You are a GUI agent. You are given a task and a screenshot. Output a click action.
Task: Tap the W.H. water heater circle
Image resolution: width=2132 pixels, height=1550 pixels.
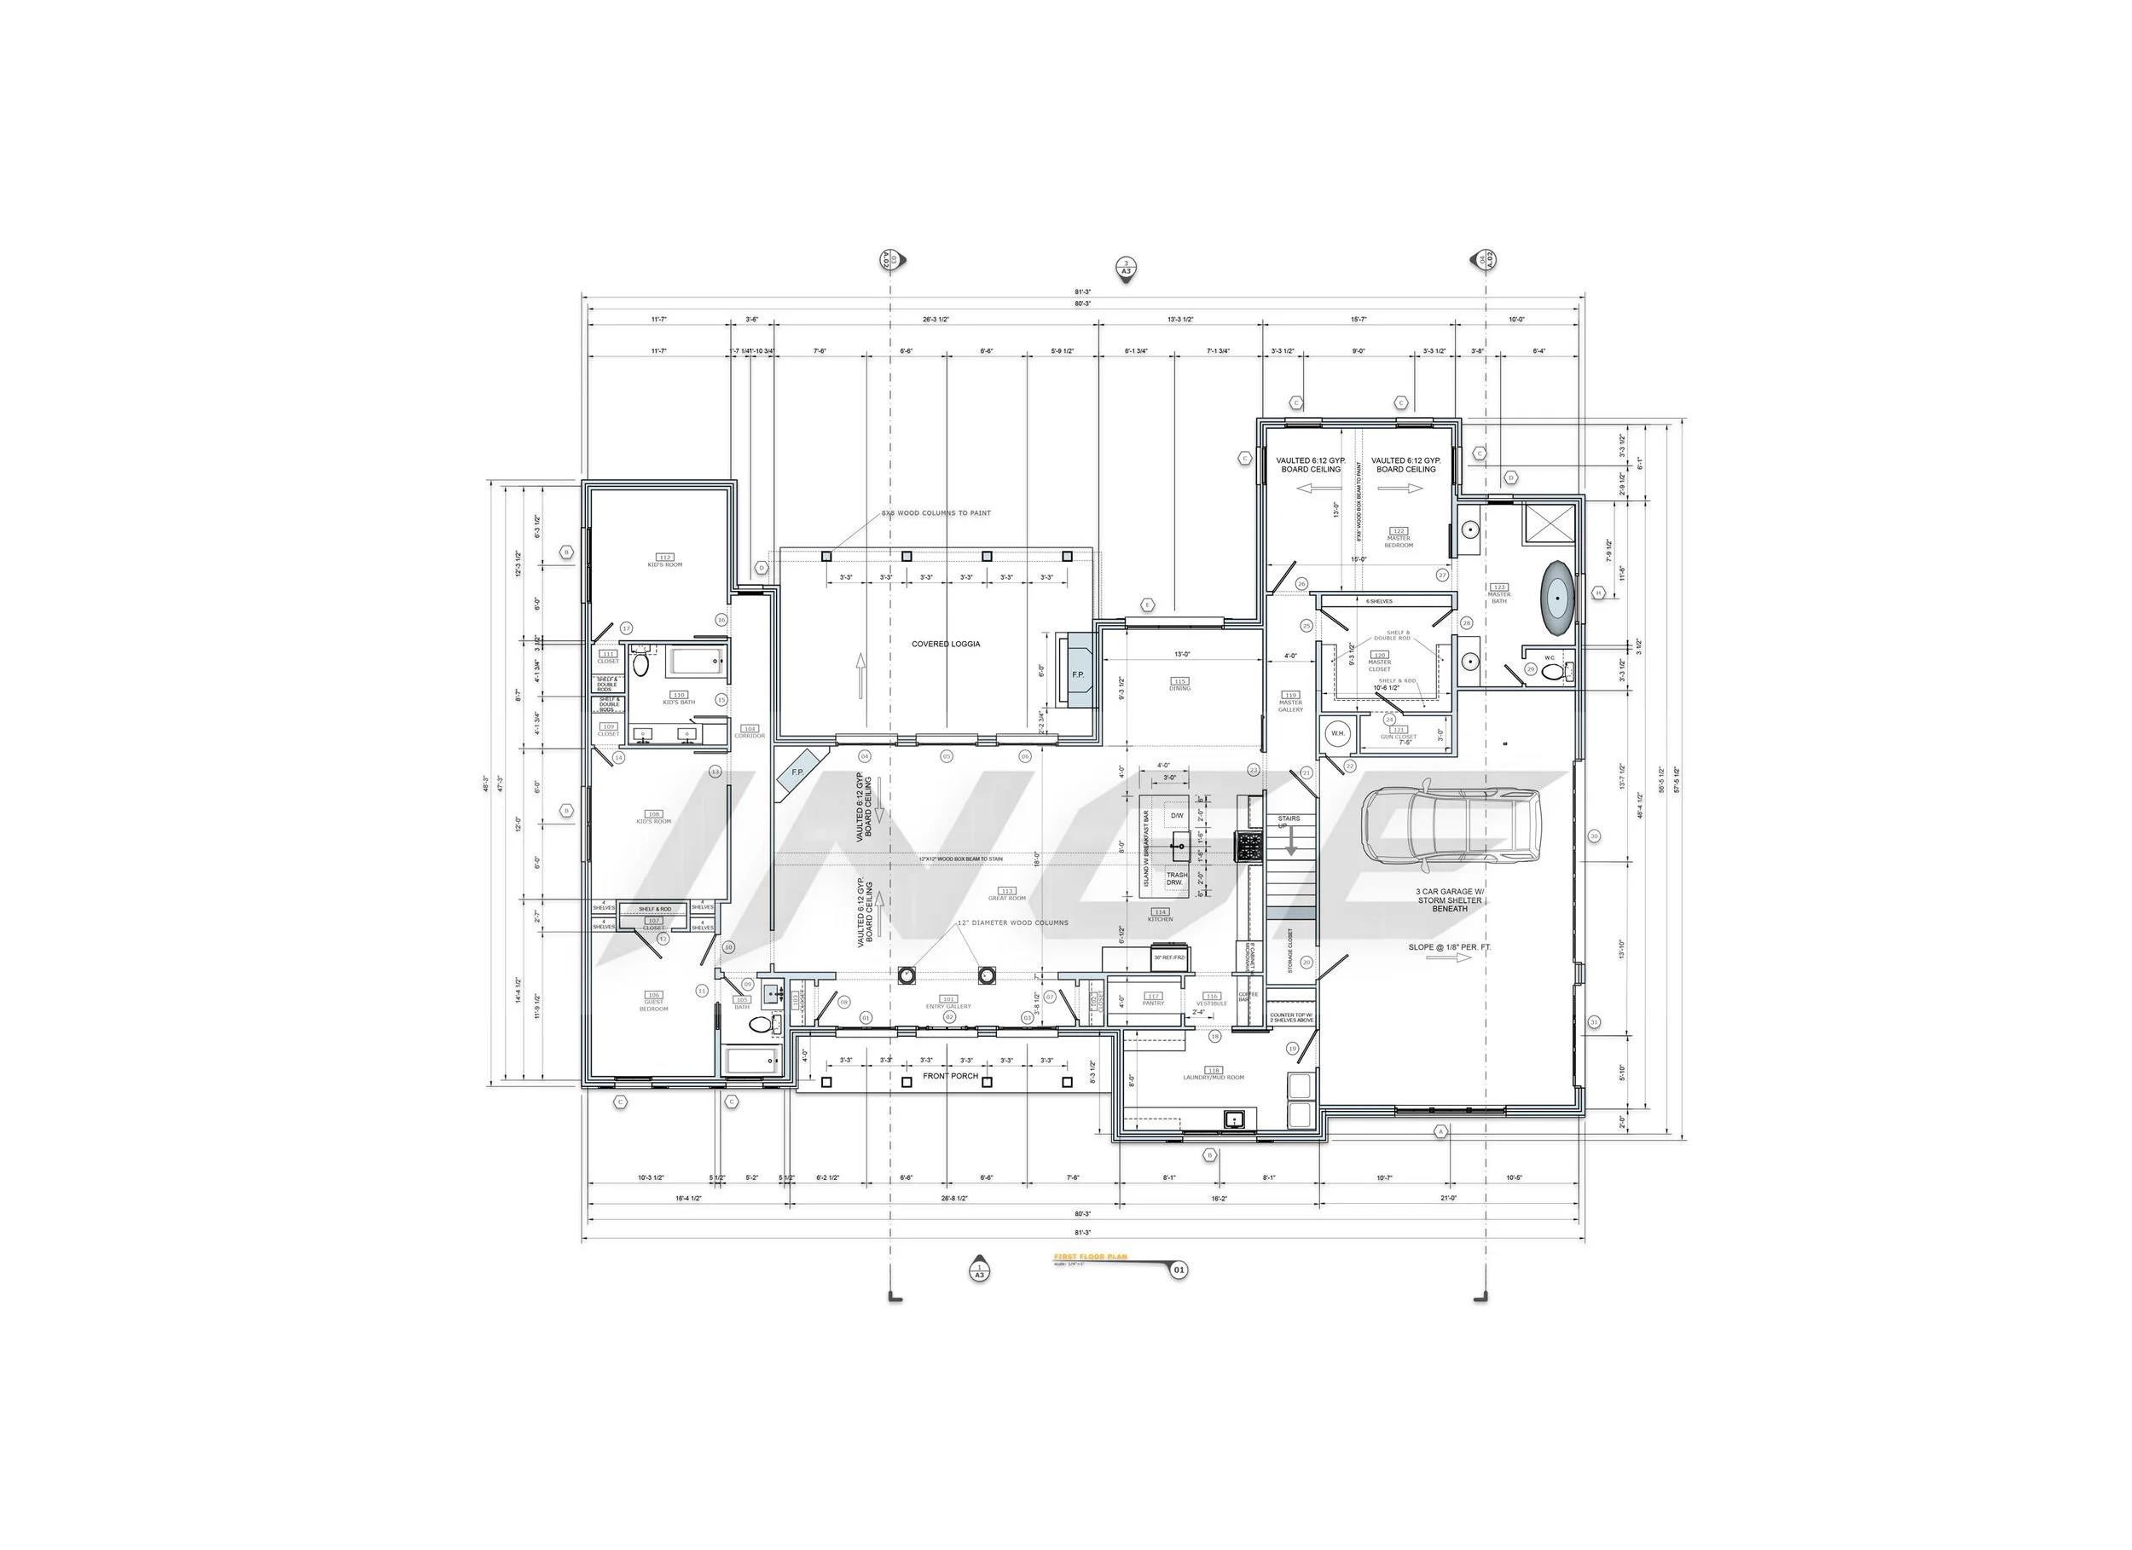tap(1336, 733)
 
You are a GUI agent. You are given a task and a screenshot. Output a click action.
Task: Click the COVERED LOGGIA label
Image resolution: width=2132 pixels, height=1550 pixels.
tap(946, 645)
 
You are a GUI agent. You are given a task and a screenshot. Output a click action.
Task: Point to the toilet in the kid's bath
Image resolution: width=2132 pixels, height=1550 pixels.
tap(641, 663)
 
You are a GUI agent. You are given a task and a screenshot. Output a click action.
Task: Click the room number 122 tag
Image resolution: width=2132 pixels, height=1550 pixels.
tap(1398, 531)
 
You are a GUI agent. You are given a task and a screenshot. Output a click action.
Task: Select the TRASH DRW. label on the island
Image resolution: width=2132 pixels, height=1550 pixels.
tap(1176, 879)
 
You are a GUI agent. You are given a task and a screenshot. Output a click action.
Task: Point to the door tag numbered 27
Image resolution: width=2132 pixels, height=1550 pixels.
tap(1442, 575)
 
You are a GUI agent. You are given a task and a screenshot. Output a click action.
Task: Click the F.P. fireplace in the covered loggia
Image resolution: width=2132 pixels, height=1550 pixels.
tap(1077, 674)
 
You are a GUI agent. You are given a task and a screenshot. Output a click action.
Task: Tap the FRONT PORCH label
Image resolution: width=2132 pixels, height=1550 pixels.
tap(949, 1076)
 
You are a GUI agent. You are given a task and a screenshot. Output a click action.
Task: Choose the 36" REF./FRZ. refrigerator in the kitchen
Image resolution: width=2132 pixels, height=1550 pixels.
tap(1169, 957)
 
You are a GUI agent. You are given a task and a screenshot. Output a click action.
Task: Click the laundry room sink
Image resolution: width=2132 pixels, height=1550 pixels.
tap(1233, 1119)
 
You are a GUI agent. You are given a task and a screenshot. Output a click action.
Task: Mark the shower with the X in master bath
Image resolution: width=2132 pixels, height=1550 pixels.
tap(1550, 523)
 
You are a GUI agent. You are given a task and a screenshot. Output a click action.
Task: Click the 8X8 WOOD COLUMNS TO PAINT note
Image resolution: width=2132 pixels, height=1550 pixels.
tap(936, 513)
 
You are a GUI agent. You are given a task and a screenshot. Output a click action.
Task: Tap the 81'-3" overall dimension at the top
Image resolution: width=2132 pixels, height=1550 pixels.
tap(1083, 292)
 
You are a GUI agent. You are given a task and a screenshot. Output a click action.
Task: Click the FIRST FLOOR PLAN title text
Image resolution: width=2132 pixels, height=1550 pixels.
tap(1090, 1257)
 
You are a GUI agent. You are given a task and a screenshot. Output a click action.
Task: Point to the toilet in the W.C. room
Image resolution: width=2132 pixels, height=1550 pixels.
tap(1566, 671)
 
